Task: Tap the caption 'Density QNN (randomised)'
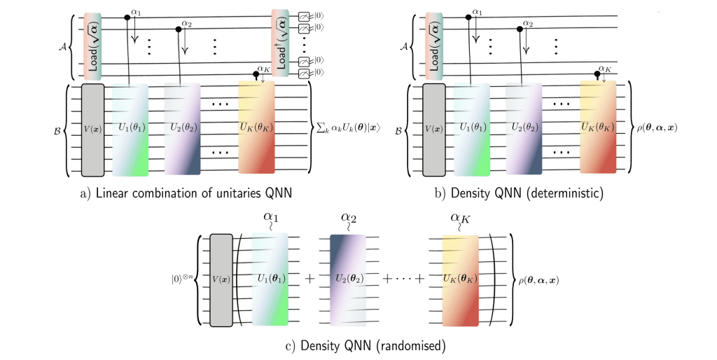(358, 345)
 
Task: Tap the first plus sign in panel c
(308, 279)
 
